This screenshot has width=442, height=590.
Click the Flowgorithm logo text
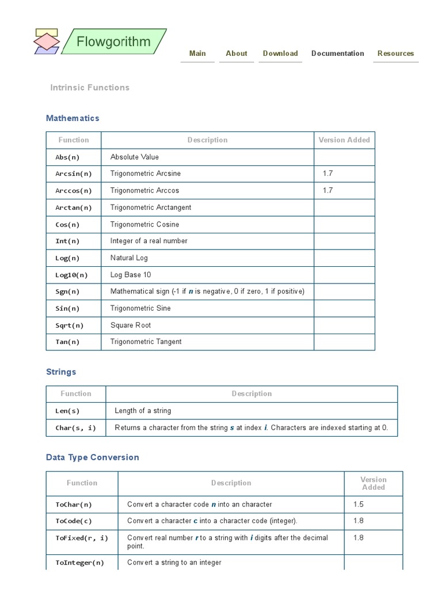coord(113,42)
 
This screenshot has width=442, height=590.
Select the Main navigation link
coord(197,54)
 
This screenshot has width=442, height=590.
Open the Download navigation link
coord(280,54)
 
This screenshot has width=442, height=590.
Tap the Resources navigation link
coord(395,54)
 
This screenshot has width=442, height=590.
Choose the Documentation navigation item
coord(337,54)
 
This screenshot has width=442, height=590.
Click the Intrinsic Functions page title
coord(90,88)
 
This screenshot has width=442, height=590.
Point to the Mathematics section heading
coord(73,118)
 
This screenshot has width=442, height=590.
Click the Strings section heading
coord(61,372)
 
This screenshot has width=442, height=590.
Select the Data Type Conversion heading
coord(93,457)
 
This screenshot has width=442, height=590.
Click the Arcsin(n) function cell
coord(74,173)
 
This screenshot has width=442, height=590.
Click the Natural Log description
coord(129,258)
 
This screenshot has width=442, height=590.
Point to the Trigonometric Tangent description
coord(146,342)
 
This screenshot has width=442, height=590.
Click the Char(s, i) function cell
coord(75,428)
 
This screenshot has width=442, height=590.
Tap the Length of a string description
coord(143,411)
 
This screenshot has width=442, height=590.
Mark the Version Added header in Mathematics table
coord(344,140)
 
